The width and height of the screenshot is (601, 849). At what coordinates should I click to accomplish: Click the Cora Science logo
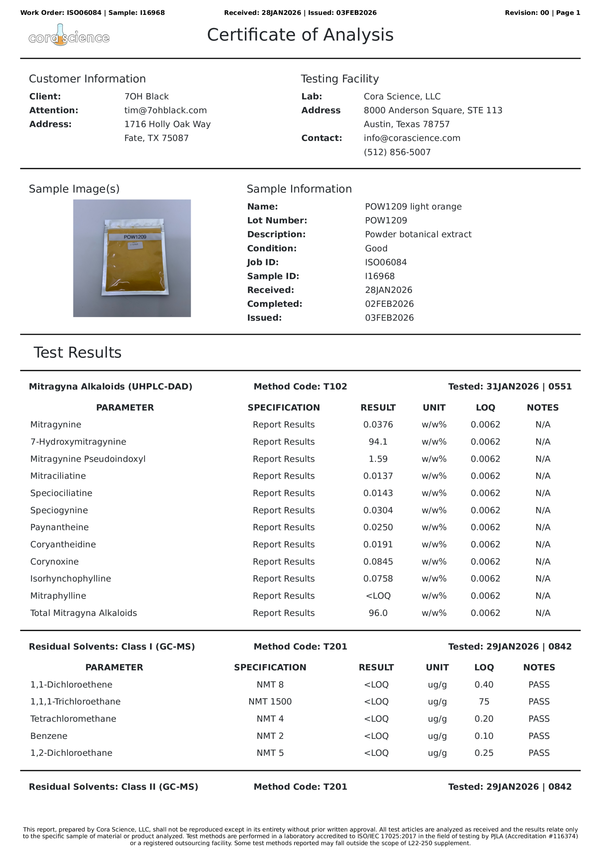[69, 36]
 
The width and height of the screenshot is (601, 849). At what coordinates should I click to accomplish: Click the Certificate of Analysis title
[300, 35]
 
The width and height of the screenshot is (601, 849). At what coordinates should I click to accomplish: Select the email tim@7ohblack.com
[165, 110]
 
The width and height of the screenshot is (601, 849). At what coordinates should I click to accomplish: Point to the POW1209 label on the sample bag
[135, 237]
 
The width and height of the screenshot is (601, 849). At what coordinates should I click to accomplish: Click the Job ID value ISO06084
[386, 262]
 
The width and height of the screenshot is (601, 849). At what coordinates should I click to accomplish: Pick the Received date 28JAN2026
[388, 290]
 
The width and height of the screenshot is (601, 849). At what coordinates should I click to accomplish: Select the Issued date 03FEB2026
[389, 318]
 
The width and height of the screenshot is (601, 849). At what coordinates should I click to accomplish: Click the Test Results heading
[77, 353]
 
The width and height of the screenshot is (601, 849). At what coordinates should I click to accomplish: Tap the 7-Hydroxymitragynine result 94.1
[378, 441]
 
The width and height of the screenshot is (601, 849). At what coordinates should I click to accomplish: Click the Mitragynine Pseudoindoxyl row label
[88, 459]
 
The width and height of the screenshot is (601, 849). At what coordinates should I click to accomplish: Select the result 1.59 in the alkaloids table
[378, 459]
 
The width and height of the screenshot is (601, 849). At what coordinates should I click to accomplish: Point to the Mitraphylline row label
[58, 596]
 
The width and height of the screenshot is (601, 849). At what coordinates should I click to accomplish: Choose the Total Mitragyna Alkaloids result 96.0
[378, 613]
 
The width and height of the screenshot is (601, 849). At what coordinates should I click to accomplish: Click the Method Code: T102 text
[300, 386]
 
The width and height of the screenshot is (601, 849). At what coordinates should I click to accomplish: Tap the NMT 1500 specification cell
[270, 701]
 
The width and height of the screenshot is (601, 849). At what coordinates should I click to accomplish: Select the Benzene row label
[49, 736]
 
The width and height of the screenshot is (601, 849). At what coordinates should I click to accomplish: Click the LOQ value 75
[484, 701]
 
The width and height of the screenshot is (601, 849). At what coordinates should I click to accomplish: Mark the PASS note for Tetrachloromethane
[539, 718]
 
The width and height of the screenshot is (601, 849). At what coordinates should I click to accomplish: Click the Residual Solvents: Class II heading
[113, 787]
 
